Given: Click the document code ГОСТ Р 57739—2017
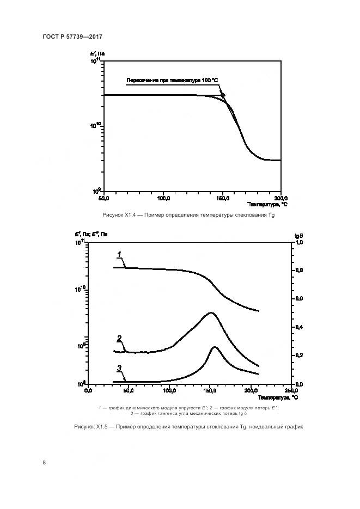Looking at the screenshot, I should point(72,36).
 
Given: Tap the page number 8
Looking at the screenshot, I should point(44,463).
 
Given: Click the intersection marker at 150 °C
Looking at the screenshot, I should point(223,95).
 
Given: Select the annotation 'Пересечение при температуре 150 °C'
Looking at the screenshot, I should point(172,81).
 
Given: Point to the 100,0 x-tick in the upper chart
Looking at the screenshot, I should point(164,198).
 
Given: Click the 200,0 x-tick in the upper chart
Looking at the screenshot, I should point(280,198).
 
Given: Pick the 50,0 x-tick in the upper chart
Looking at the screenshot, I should point(103,198).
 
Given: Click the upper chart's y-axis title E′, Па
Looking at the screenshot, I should point(98,54).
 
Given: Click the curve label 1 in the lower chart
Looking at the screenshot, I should point(119,254).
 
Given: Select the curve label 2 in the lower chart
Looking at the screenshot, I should point(119,338).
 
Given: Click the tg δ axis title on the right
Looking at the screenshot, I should point(299,235).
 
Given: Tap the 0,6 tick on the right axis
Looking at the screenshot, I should point(298,299).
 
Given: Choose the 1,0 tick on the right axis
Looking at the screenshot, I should point(298,242).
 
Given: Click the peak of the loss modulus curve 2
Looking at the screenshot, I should point(211,313).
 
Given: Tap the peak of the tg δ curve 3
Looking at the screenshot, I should point(215,347).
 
